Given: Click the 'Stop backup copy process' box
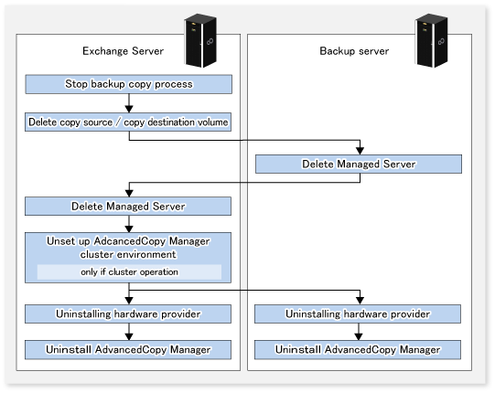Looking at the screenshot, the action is coord(129,84).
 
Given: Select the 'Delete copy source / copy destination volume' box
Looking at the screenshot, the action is coord(128,122).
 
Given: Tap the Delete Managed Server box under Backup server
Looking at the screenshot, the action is coord(359,164).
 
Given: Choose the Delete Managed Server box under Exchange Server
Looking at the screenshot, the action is coord(128,207).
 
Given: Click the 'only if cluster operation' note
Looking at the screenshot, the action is coord(129,271).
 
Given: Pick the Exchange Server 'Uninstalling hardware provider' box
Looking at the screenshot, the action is coord(128,313).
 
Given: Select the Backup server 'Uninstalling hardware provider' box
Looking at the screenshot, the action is coord(358,313).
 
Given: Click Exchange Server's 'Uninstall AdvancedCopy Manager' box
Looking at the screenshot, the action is coord(128,350).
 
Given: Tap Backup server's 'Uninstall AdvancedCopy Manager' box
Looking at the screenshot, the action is coord(358,350).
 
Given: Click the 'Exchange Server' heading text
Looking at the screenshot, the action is coord(124,51).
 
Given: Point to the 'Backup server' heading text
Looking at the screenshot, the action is coord(354,51).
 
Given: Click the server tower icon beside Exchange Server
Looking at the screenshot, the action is coord(200,40).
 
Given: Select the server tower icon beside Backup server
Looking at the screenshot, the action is coord(431,40).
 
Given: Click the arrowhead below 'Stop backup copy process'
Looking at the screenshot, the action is coord(129,109).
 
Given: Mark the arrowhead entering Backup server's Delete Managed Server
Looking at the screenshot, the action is coord(360,151).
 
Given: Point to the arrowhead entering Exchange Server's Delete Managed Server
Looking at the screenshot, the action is coord(129,193).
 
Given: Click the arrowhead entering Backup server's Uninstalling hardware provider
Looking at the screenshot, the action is coord(360,301).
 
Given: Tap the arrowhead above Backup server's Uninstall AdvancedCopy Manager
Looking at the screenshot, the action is coord(359,336).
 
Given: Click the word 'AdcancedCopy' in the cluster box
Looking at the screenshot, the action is coord(130,241).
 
